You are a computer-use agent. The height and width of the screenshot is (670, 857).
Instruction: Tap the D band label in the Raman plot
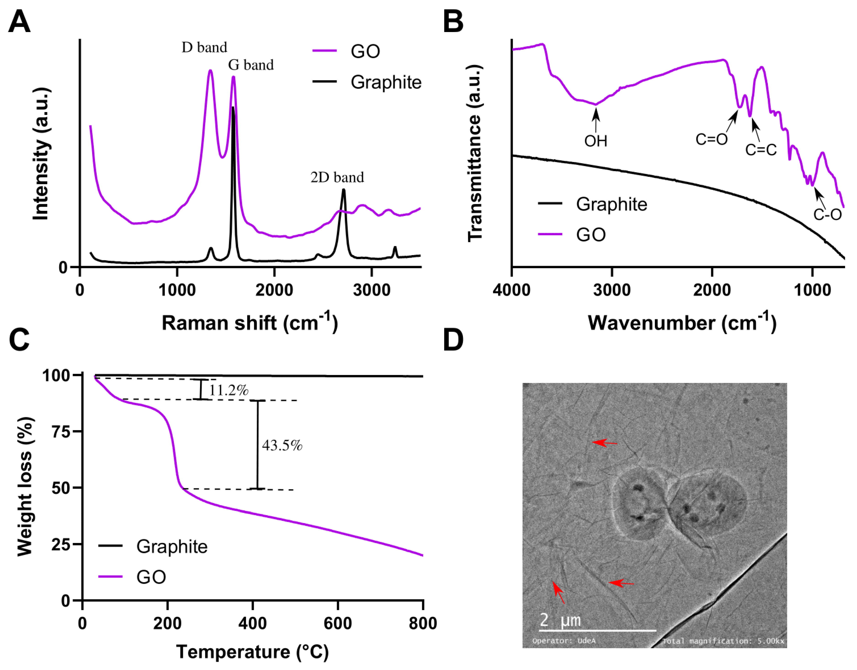(x=204, y=48)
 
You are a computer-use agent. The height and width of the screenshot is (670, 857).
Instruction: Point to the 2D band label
(x=337, y=178)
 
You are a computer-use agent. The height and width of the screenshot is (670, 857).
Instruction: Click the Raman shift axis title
(x=250, y=323)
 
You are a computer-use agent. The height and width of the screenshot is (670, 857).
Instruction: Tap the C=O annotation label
(x=711, y=139)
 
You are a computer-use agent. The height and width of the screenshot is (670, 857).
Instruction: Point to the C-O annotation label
(x=827, y=214)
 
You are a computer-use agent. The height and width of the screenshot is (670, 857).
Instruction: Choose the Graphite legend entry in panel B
(x=611, y=204)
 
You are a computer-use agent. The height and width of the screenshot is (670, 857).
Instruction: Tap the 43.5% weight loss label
(x=282, y=445)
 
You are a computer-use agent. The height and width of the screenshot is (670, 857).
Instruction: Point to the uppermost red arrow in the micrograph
(x=604, y=443)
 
